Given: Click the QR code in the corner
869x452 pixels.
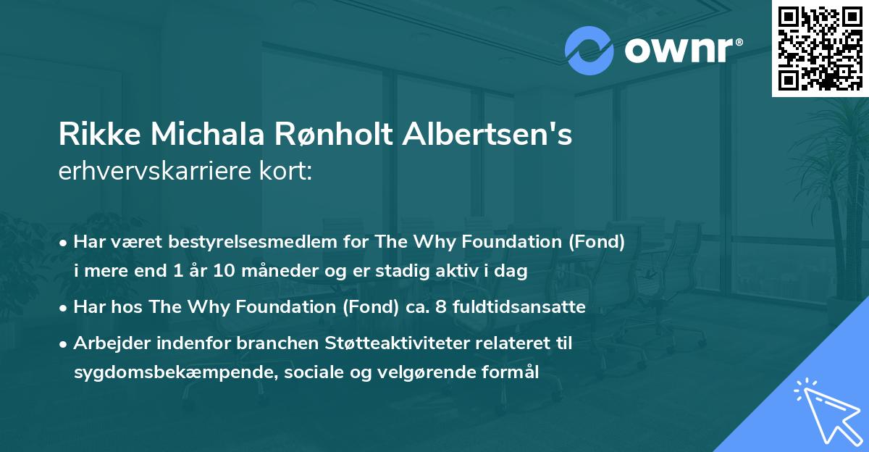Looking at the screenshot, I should point(820,48).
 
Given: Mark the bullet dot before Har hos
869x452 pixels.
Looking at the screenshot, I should point(64,307).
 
